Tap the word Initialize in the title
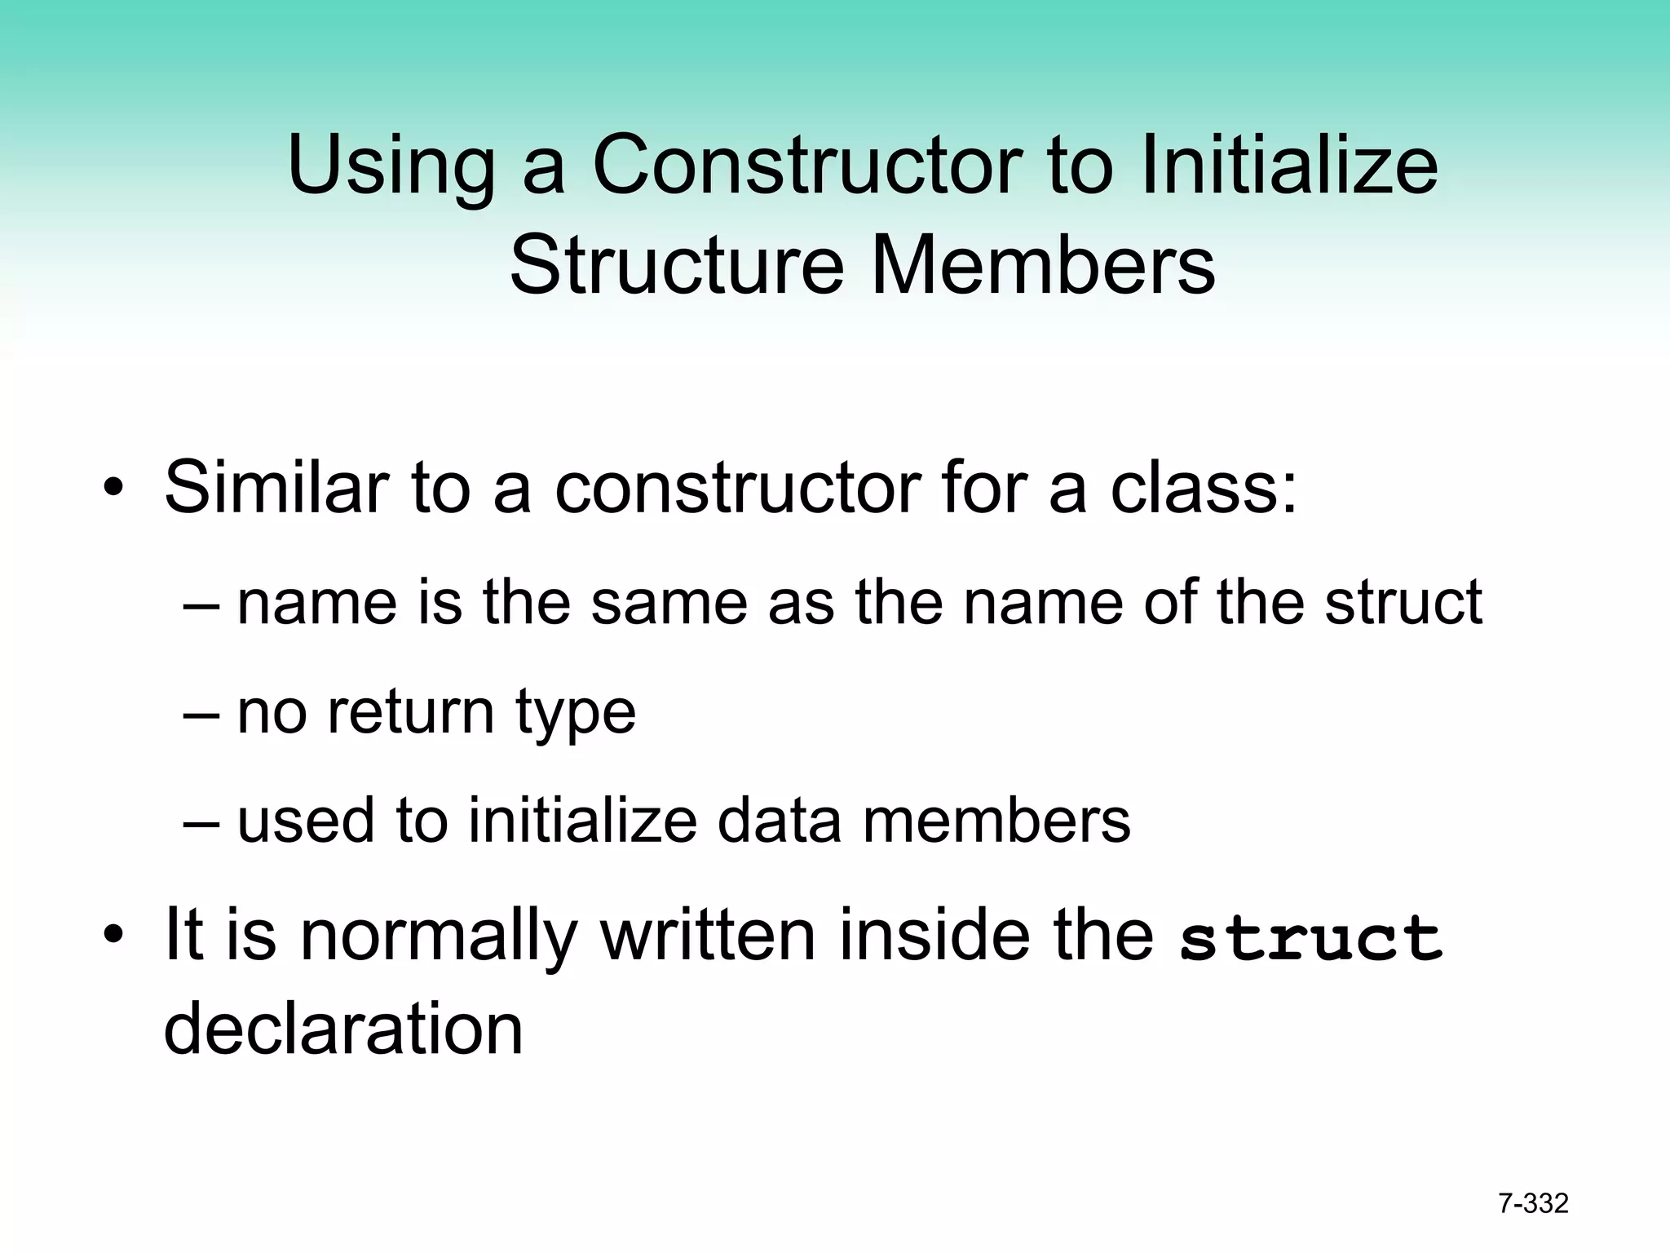pos(1289,167)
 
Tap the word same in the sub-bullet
pos(669,602)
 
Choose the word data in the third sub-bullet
pos(779,820)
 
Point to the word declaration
pos(343,1029)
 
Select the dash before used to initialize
pos(201,822)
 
